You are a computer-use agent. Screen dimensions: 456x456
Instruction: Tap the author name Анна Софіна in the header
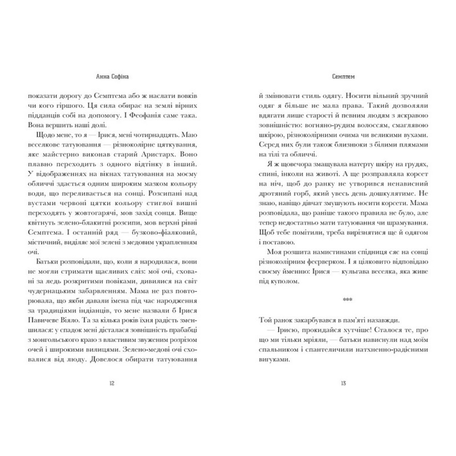pos(111,77)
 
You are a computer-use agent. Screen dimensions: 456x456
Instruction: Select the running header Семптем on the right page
pos(343,77)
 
